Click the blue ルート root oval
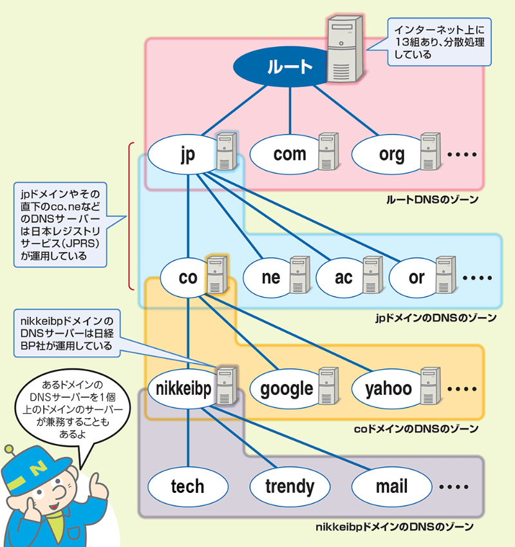[x=281, y=68]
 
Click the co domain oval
[x=187, y=277]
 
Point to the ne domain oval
[x=271, y=277]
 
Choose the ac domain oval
[x=344, y=277]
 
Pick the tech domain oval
[x=187, y=486]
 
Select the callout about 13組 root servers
[x=439, y=42]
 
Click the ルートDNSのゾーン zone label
[x=432, y=200]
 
